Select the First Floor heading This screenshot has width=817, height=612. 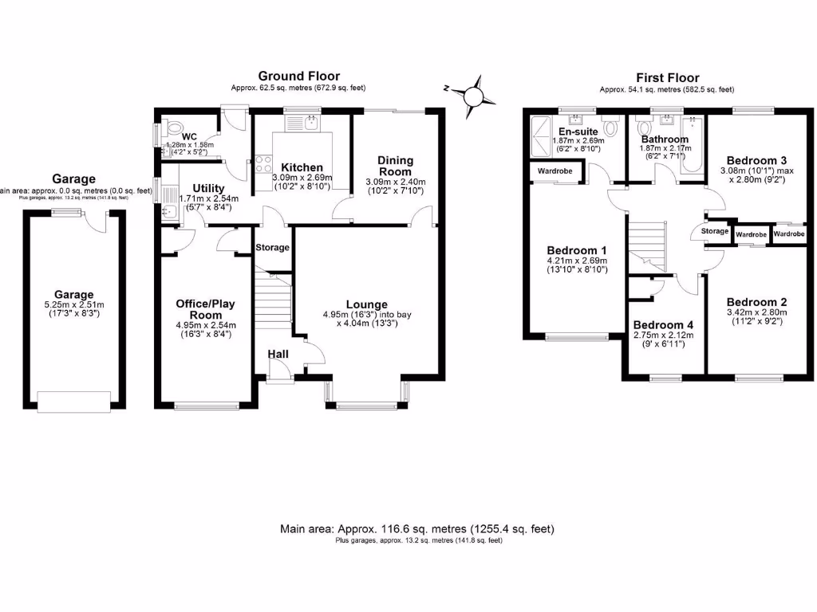tap(667, 77)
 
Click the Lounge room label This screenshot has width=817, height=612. tap(366, 304)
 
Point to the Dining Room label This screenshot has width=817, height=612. tap(395, 166)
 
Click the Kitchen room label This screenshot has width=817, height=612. tap(302, 167)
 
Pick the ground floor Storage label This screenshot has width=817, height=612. tap(272, 248)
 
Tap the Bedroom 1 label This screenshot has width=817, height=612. tap(572, 249)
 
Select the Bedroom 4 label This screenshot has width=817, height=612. tap(664, 325)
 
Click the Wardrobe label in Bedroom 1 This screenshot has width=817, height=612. tap(555, 171)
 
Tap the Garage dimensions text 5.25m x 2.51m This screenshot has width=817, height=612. tap(73, 304)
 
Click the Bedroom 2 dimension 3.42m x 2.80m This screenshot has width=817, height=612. tap(756, 312)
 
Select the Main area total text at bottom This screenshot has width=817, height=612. tap(417, 529)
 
